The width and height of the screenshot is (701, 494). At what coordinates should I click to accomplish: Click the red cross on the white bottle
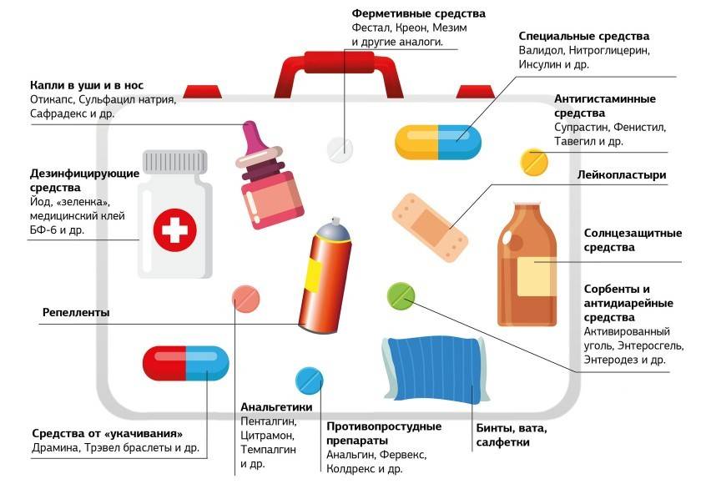point(175,226)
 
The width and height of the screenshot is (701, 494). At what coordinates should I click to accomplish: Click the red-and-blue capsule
point(185,362)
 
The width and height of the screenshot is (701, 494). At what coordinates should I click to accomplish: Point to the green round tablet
point(401,294)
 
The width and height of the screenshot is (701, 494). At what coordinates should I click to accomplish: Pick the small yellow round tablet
point(533,162)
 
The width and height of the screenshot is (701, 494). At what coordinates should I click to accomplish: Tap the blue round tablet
point(310,380)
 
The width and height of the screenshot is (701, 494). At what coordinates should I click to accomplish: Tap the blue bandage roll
point(431,367)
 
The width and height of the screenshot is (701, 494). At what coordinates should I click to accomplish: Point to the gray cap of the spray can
point(331,226)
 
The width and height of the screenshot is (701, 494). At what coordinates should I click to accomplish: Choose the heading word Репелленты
point(76,313)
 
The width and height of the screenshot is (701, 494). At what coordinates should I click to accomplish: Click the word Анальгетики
point(276,407)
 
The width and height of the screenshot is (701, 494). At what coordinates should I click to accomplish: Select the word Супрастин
point(581,128)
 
